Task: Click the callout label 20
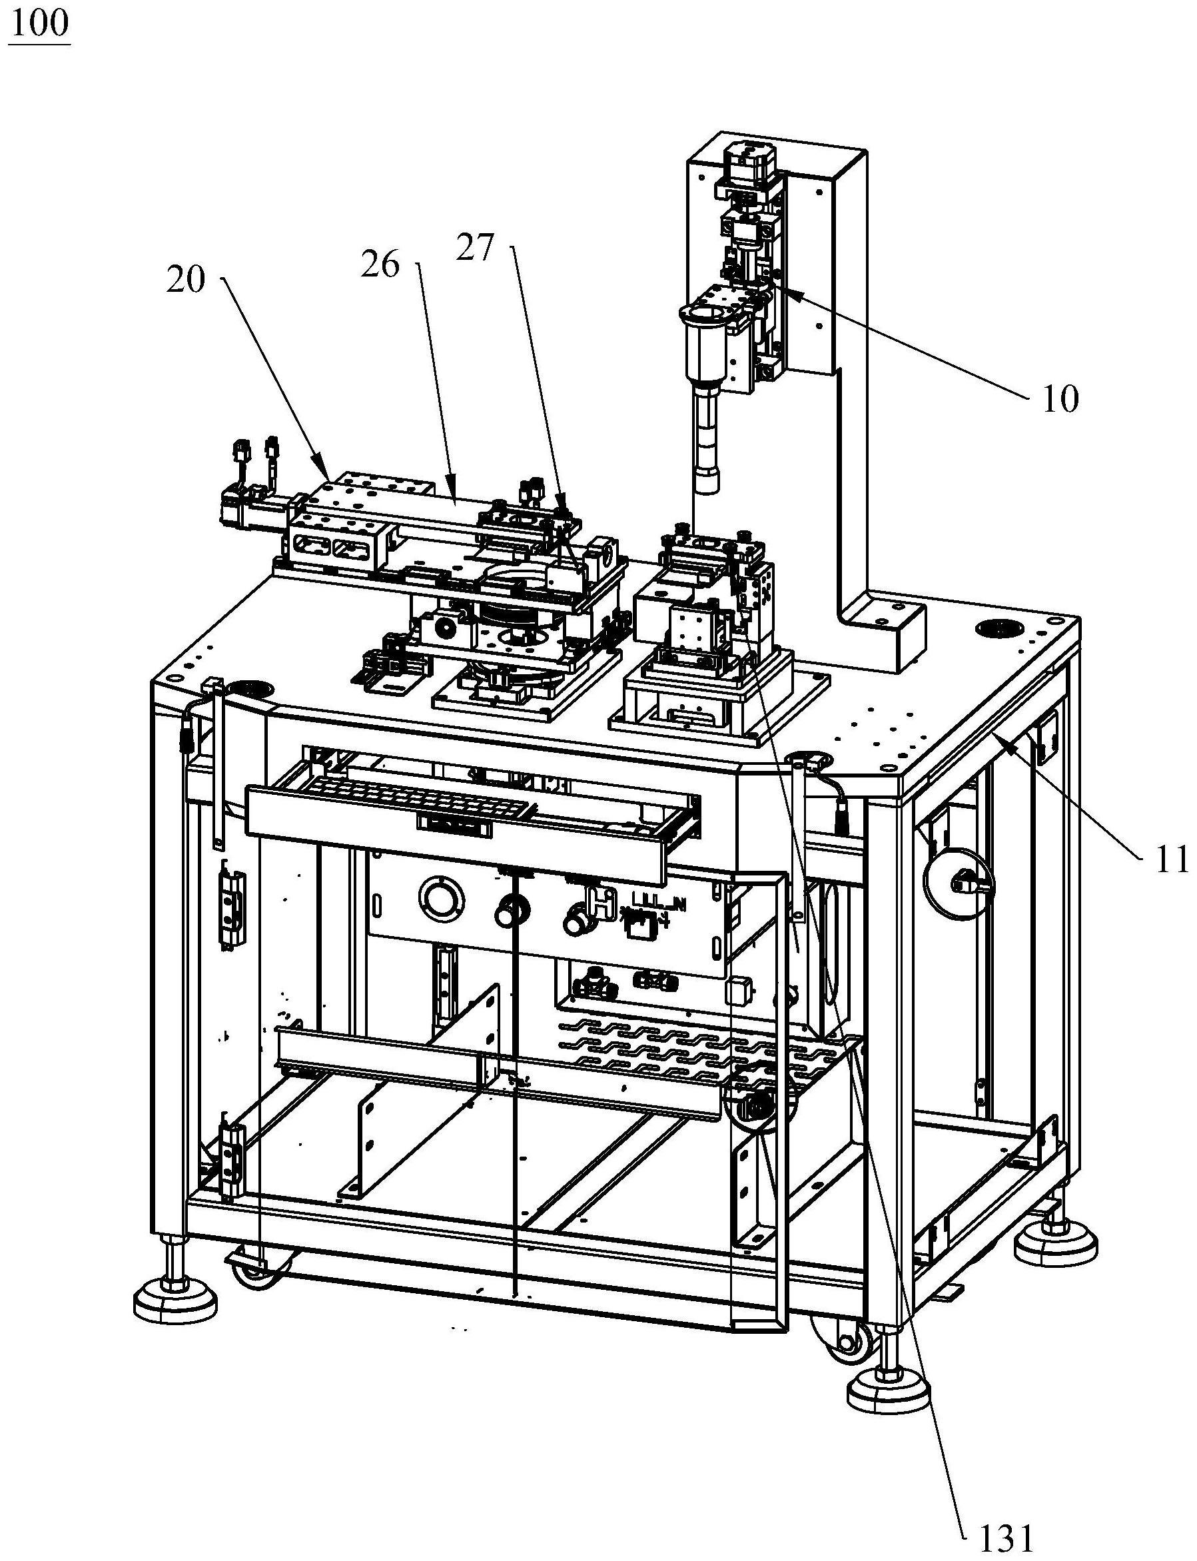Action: (x=187, y=280)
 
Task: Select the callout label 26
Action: (x=380, y=266)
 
